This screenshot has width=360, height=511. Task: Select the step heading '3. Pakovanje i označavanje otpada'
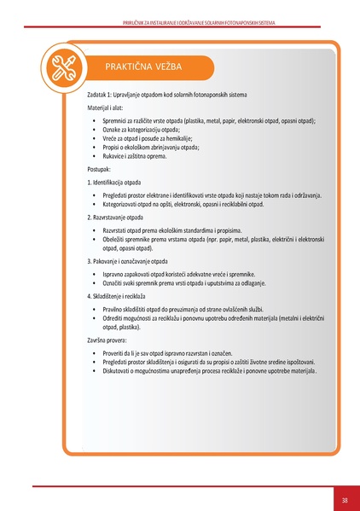point(136,260)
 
